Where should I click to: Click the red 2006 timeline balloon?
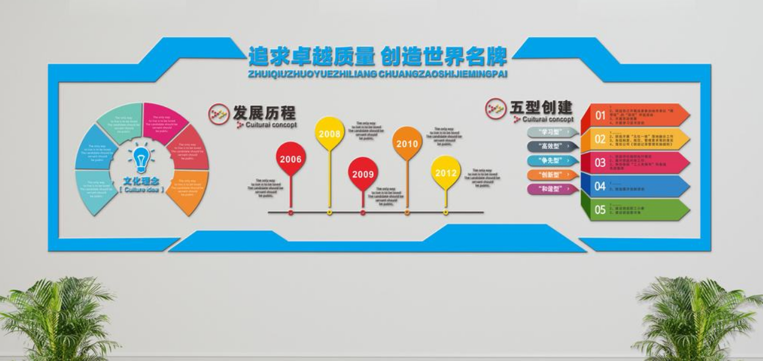click(x=291, y=159)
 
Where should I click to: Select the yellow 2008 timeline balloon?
click(x=330, y=132)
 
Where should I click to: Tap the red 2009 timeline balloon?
click(x=363, y=174)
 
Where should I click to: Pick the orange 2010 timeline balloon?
click(x=407, y=143)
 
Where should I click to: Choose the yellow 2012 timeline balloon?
click(x=446, y=173)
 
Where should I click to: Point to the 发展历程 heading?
click(x=264, y=112)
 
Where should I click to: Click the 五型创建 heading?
click(x=541, y=108)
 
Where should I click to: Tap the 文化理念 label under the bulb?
click(x=141, y=180)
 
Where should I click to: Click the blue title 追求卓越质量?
click(x=311, y=57)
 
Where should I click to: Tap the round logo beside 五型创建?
click(x=495, y=108)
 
